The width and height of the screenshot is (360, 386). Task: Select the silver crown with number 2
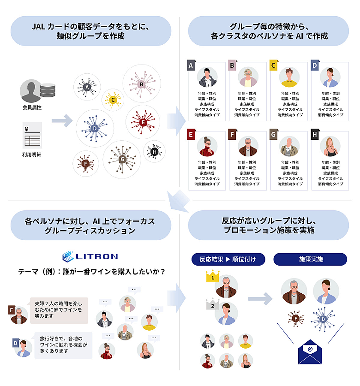[212, 304]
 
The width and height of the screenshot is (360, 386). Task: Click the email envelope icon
[310, 351]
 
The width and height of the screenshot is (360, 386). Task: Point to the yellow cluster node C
[113, 100]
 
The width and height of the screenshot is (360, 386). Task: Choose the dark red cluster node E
[143, 122]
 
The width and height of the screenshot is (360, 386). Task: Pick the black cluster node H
[154, 151]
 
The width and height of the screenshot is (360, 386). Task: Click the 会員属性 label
[32, 107]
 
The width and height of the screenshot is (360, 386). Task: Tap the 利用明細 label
[32, 154]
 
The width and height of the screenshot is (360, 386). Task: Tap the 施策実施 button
[310, 259]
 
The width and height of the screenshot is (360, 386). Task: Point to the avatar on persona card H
[330, 147]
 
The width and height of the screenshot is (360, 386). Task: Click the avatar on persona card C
[289, 77]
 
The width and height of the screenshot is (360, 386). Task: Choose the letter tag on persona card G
[274, 135]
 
